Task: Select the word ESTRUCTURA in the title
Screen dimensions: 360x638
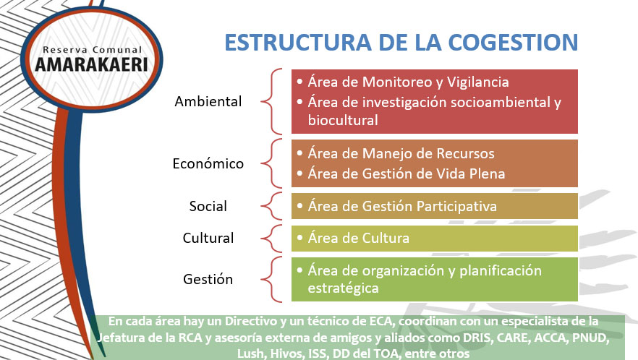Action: [290, 42]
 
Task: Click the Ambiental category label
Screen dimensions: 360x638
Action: [208, 101]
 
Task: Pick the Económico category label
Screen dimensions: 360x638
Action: [208, 163]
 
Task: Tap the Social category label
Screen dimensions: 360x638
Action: [208, 206]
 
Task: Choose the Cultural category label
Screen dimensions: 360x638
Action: [208, 238]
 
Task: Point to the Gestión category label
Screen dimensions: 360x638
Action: [208, 279]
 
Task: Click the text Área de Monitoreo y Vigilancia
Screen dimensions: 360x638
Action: [408, 82]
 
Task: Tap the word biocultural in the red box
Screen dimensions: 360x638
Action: [343, 120]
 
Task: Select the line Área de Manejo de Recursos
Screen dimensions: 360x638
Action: [401, 153]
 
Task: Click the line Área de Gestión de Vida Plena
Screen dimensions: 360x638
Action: [406, 173]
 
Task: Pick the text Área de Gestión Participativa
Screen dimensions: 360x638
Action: [402, 206]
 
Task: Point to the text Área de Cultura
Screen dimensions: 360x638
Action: [358, 238]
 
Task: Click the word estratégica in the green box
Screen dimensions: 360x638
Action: [343, 288]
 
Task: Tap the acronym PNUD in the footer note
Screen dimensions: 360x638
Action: [600, 339]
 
